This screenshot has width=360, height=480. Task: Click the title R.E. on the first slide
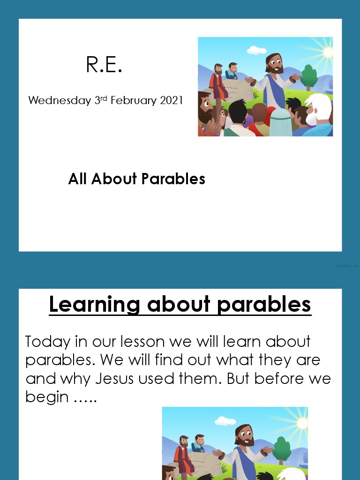tap(104, 65)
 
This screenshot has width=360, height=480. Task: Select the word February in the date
tap(133, 100)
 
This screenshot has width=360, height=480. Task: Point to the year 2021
tap(171, 100)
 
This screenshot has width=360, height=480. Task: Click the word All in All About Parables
tap(78, 179)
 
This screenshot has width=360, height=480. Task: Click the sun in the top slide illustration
tap(327, 52)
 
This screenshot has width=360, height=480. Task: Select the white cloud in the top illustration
tap(256, 50)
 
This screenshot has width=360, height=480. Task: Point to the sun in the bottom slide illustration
tap(302, 423)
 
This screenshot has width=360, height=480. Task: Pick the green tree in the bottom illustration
tap(282, 450)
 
